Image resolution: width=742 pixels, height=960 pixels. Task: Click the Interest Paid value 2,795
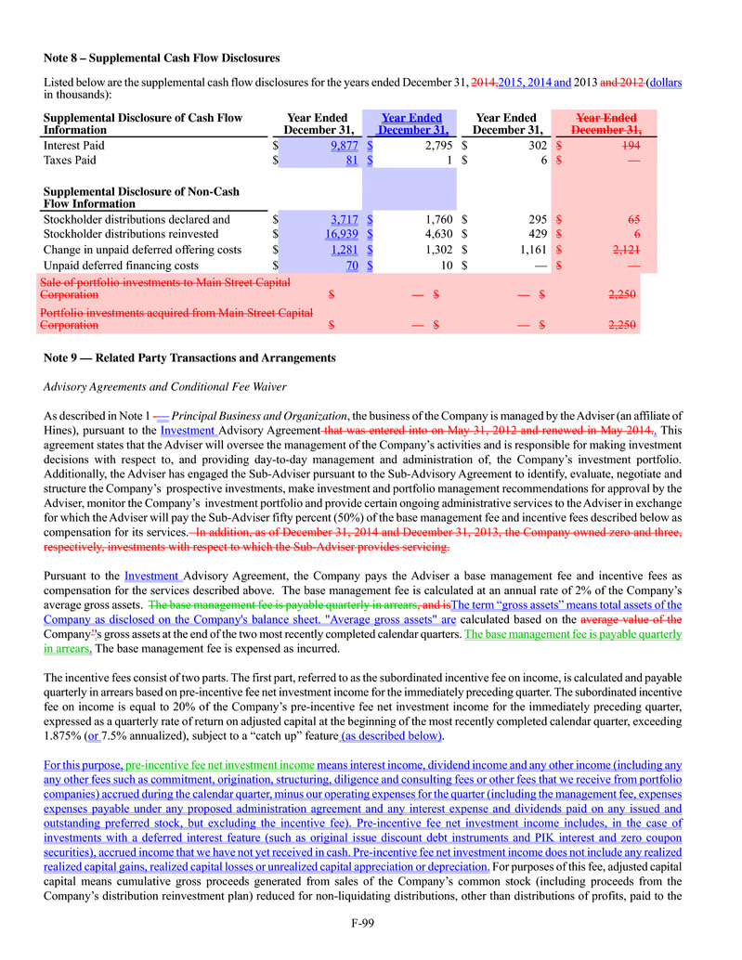[x=432, y=146]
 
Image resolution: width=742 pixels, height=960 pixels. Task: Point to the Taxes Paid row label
[x=70, y=161]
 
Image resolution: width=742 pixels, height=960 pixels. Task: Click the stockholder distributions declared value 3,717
[x=343, y=220]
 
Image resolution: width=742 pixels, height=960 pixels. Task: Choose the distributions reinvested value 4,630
[x=432, y=235]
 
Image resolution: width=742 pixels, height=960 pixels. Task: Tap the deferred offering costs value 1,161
[x=530, y=250]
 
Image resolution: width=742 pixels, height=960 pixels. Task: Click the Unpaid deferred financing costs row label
[x=121, y=266]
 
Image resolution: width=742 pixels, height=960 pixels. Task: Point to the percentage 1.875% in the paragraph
[x=60, y=737]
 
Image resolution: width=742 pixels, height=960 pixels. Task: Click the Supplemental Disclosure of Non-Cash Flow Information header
[x=141, y=198]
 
